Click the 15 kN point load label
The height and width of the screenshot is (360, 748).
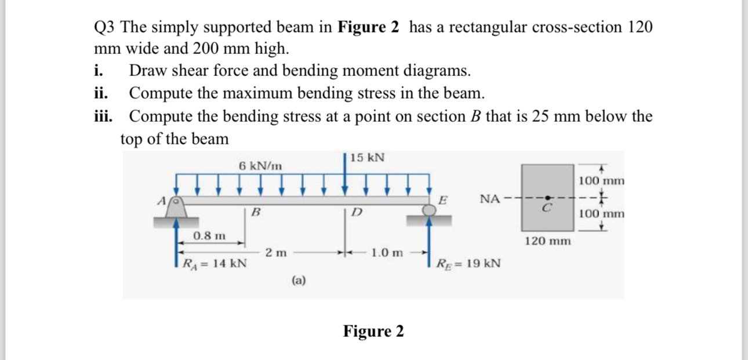click(367, 158)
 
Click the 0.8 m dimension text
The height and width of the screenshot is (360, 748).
click(209, 236)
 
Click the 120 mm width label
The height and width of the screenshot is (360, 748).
click(547, 240)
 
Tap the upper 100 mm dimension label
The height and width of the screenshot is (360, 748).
click(602, 180)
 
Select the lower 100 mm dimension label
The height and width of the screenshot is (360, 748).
click(602, 213)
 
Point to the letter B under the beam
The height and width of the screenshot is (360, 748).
click(255, 212)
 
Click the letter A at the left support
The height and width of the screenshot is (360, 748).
click(164, 200)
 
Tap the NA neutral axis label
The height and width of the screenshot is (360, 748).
click(490, 199)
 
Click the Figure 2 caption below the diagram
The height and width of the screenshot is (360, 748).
click(373, 331)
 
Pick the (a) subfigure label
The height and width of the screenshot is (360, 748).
click(299, 281)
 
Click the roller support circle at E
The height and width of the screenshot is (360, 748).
click(429, 211)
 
